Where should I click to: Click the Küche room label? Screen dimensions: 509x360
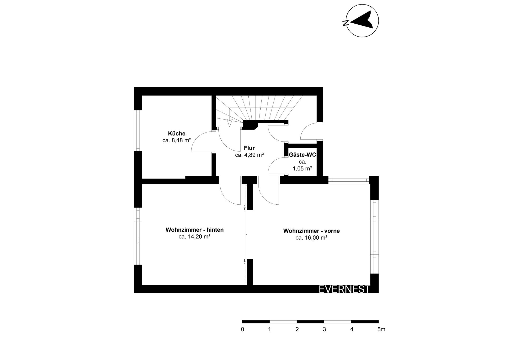177,134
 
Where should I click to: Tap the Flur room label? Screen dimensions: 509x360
249,148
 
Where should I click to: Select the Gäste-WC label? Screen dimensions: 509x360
302,155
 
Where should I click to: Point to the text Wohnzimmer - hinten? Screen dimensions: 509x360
195,230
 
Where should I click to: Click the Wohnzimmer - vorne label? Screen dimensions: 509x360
311,231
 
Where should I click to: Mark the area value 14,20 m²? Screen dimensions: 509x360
199,237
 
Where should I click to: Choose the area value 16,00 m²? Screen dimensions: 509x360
316,238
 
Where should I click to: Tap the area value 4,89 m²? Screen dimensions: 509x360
254,155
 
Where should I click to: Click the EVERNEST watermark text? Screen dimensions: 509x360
344,289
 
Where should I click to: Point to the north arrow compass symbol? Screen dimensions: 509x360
362,21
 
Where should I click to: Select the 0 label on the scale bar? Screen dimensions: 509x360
243,330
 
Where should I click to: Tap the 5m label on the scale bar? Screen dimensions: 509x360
381,330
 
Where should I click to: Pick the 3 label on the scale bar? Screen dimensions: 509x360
324,330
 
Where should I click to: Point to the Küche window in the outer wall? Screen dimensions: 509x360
138,131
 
